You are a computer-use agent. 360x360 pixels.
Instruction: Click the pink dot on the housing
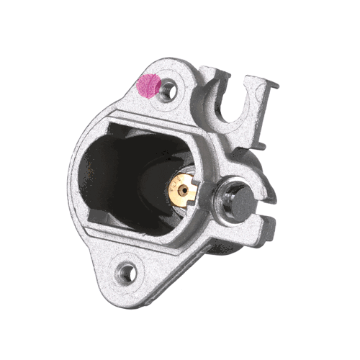click(x=148, y=86)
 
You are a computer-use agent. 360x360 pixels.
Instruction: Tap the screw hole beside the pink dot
click(x=168, y=90)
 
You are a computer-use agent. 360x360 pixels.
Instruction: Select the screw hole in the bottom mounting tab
click(x=127, y=272)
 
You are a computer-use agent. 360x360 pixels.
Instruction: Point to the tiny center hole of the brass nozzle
click(x=184, y=191)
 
